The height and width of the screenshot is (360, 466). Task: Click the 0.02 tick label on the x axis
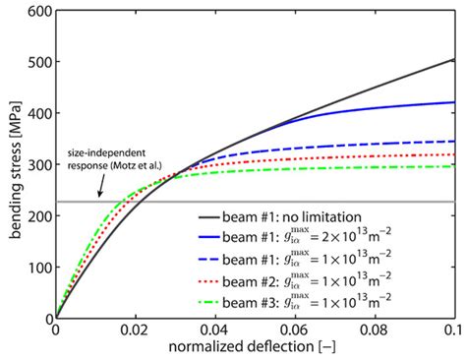click(136, 331)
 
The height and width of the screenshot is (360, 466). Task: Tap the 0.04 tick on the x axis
click(215, 331)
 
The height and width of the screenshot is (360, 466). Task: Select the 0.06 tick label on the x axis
click(295, 331)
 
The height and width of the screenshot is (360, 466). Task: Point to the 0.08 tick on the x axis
click(375, 331)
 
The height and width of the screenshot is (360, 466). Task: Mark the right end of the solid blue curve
click(453, 102)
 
